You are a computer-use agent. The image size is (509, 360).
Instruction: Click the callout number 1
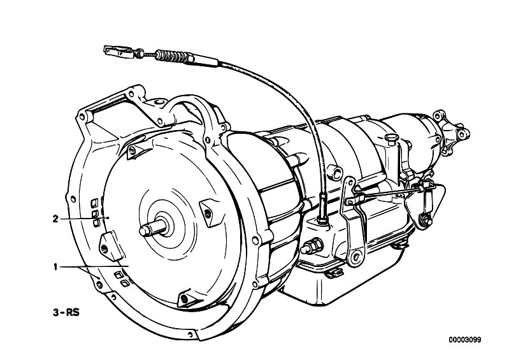(x=55, y=267)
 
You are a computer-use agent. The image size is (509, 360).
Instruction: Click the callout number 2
(x=55, y=219)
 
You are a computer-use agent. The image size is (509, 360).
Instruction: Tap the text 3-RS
(x=66, y=313)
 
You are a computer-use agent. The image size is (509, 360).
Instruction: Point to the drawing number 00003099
(x=465, y=340)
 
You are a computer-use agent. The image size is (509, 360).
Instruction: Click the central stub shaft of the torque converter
(x=152, y=227)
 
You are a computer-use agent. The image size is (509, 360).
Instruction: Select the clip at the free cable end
(x=118, y=51)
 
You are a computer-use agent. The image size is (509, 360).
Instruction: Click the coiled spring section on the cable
(x=171, y=57)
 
